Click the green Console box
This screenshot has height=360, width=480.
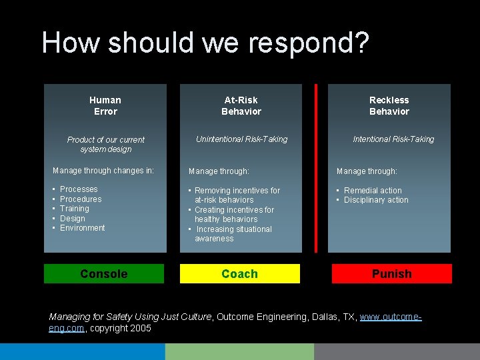click(x=103, y=274)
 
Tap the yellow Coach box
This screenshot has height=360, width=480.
click(x=239, y=274)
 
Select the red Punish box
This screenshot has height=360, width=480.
click(x=391, y=274)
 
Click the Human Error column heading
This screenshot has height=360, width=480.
click(x=105, y=105)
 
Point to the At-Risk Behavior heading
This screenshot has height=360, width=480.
click(x=241, y=105)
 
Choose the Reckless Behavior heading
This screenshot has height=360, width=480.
click(x=389, y=105)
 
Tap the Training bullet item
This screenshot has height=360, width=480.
click(x=74, y=209)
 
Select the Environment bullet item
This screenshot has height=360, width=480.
click(x=82, y=228)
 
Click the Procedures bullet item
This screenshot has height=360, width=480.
click(x=81, y=199)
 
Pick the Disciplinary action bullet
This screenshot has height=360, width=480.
click(x=376, y=200)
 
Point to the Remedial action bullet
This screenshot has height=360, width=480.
click(x=373, y=191)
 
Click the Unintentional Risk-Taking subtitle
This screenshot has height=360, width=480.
click(x=241, y=139)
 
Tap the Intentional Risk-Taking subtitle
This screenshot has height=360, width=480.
click(x=393, y=139)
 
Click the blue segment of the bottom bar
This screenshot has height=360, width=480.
click(x=82, y=351)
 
